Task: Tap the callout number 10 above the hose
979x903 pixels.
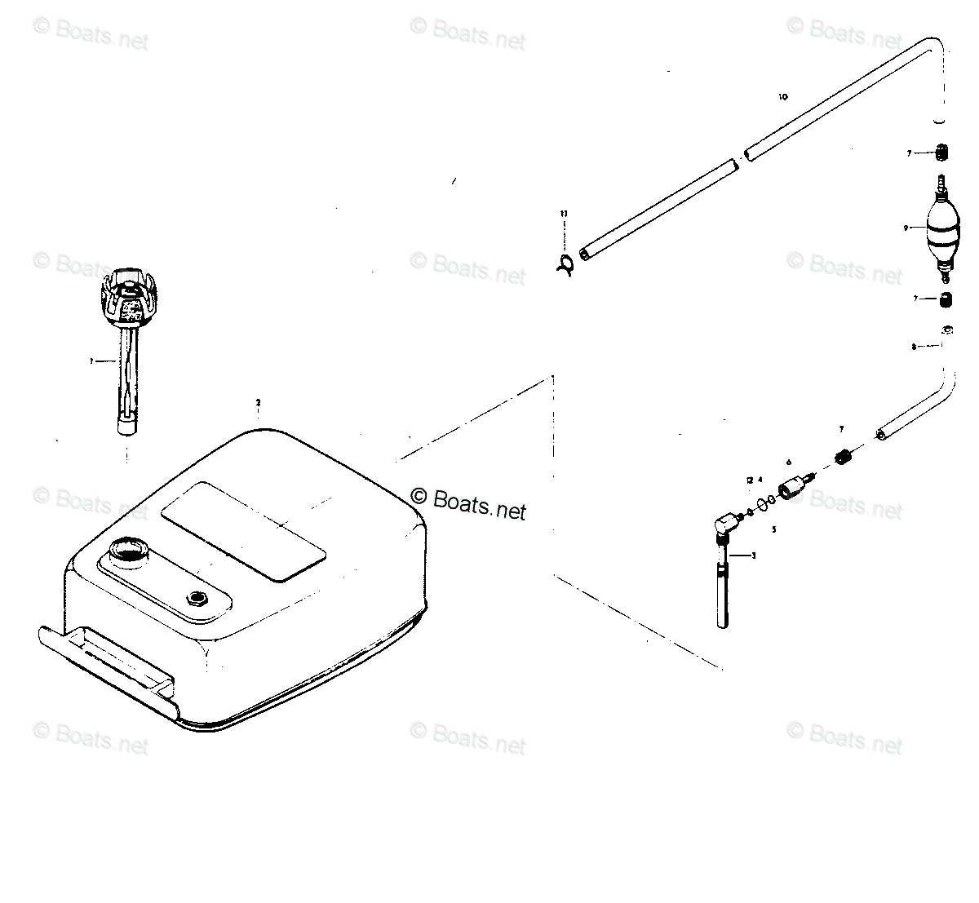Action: [x=783, y=97]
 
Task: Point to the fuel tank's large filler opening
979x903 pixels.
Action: [x=129, y=549]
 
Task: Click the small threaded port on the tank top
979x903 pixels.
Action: [x=197, y=599]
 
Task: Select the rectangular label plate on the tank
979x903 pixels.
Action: [x=243, y=531]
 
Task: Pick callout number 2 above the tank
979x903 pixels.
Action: [x=258, y=402]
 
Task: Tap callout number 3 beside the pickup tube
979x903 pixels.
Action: [x=753, y=556]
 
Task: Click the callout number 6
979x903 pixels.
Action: [x=789, y=463]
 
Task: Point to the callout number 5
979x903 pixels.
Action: [x=773, y=529]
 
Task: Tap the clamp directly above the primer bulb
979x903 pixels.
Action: [x=943, y=153]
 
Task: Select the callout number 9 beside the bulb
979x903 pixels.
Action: [x=906, y=228]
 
